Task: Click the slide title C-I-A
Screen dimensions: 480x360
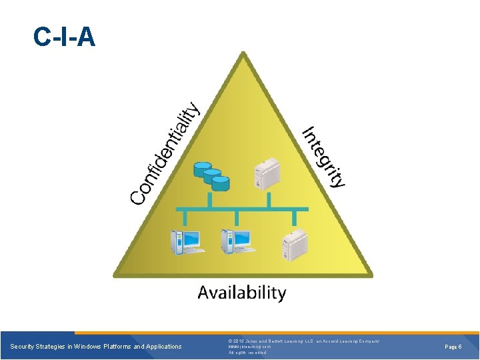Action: tap(65, 37)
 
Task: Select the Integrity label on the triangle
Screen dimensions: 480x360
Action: tap(324, 157)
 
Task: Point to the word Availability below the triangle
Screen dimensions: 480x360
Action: tap(242, 292)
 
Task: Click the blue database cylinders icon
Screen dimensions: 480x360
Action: tap(211, 175)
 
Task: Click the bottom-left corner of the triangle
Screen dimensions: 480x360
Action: tap(116, 274)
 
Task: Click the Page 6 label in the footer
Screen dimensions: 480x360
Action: tap(453, 347)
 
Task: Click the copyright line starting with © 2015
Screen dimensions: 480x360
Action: tap(303, 341)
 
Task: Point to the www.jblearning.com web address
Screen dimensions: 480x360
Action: tap(249, 347)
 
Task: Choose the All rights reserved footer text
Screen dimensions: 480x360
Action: tap(247, 353)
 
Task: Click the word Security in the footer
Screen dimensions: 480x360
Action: tap(23, 347)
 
